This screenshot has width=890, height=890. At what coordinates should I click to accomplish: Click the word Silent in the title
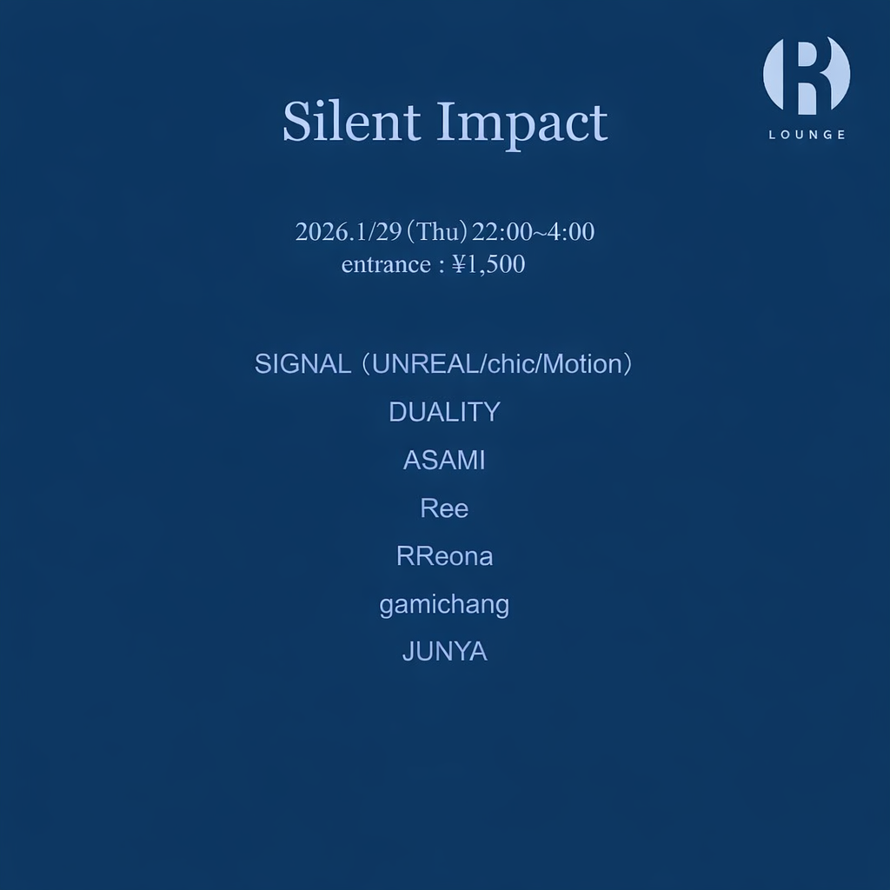(351, 122)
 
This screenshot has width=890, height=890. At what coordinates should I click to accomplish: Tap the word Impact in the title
(521, 123)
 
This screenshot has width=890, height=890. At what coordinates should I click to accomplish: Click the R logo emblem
(807, 76)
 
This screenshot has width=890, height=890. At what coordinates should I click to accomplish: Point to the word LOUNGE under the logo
(807, 135)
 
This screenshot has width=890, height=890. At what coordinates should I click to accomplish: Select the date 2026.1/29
(346, 233)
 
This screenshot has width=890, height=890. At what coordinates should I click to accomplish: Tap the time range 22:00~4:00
(534, 233)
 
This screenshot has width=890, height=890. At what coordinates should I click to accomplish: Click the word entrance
(384, 264)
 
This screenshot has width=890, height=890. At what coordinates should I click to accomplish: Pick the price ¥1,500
(488, 264)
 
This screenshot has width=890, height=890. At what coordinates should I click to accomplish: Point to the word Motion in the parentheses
(581, 364)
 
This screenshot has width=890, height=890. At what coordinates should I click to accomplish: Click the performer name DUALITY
(444, 412)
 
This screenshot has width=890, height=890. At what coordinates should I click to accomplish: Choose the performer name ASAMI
(444, 461)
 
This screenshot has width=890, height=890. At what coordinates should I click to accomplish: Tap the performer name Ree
(444, 508)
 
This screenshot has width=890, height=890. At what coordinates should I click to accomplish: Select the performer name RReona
(444, 556)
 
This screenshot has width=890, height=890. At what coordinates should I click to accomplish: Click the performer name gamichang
(444, 605)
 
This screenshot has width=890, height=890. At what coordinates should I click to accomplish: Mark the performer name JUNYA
(444, 652)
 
